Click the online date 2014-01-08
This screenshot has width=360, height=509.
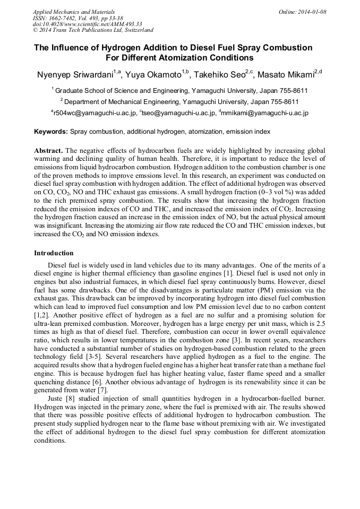[x=312, y=11]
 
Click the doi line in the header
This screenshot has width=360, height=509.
[x=87, y=24]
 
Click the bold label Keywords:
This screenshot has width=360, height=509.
[x=51, y=132]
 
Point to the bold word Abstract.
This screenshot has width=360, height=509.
[x=49, y=151]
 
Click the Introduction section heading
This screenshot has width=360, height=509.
[x=54, y=253]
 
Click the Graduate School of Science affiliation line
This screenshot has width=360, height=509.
[x=181, y=91]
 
